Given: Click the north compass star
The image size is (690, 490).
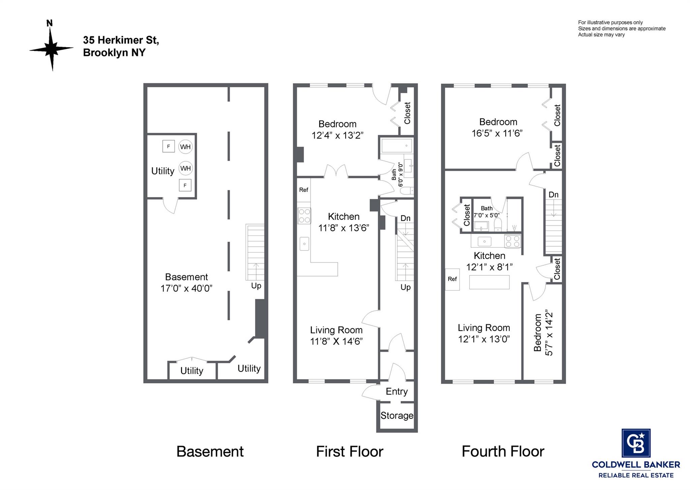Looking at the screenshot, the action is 52,49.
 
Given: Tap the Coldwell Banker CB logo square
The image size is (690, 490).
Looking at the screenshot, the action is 636,443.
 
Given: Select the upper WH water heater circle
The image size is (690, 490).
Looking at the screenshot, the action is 185,147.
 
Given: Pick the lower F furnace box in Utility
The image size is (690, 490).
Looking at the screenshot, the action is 185,185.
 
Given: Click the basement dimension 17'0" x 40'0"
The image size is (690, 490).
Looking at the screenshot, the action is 186,288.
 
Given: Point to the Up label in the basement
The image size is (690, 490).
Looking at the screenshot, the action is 256,286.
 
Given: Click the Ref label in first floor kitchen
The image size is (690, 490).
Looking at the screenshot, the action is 304,190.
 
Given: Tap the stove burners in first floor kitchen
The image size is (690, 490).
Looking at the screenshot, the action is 304,216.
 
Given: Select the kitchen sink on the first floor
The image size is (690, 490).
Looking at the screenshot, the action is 304,244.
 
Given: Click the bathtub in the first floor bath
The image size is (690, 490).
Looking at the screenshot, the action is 397,146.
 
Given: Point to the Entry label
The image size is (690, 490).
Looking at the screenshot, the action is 397,391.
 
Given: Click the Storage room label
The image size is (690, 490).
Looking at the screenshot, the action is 397,416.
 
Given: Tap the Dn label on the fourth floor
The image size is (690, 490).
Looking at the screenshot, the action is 554,194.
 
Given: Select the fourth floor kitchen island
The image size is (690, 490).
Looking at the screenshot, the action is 489,282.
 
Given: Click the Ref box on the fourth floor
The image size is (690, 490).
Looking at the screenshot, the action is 452,279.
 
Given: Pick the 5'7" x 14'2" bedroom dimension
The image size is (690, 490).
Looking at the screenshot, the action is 549,333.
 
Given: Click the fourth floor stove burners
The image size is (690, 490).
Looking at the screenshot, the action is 512,241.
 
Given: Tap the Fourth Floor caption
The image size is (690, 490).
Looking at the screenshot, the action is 503,452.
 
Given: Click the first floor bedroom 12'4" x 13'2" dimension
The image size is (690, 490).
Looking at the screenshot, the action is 338,135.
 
